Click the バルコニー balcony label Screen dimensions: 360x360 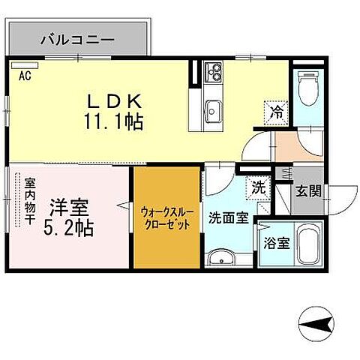coord(76,37)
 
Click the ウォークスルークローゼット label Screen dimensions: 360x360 coord(167,217)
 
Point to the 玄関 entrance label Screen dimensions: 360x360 coord(307,191)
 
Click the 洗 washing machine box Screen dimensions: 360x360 coord(259,188)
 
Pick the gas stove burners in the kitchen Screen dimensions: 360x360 coord(214,72)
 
